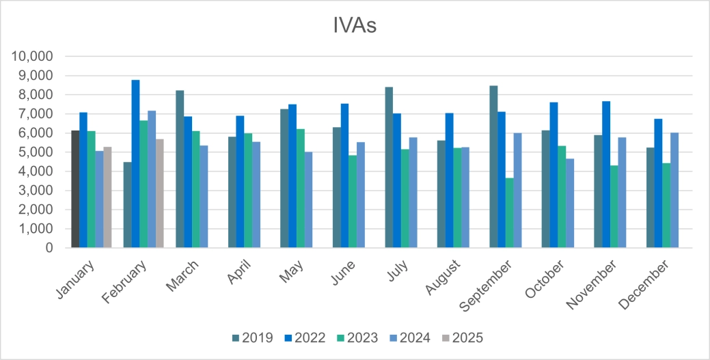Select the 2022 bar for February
135,164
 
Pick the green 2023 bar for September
509,213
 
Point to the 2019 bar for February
127,205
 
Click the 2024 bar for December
674,191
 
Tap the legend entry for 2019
253,337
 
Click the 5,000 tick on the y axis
37,152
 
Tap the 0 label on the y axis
49,249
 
